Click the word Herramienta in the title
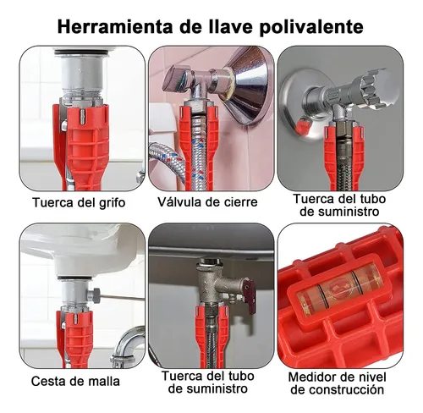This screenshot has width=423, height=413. tap(115, 27)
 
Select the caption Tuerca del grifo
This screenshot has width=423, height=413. tap(79, 203)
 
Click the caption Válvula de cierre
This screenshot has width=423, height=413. tap(207, 202)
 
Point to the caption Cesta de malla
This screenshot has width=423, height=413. tap(75, 382)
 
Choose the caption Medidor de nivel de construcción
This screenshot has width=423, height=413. tap(338, 383)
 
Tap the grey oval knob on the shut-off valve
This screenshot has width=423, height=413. tap(178, 77)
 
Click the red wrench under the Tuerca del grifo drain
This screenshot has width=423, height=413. tap(82, 146)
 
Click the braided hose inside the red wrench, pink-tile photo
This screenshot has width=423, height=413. tap(196, 150)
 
